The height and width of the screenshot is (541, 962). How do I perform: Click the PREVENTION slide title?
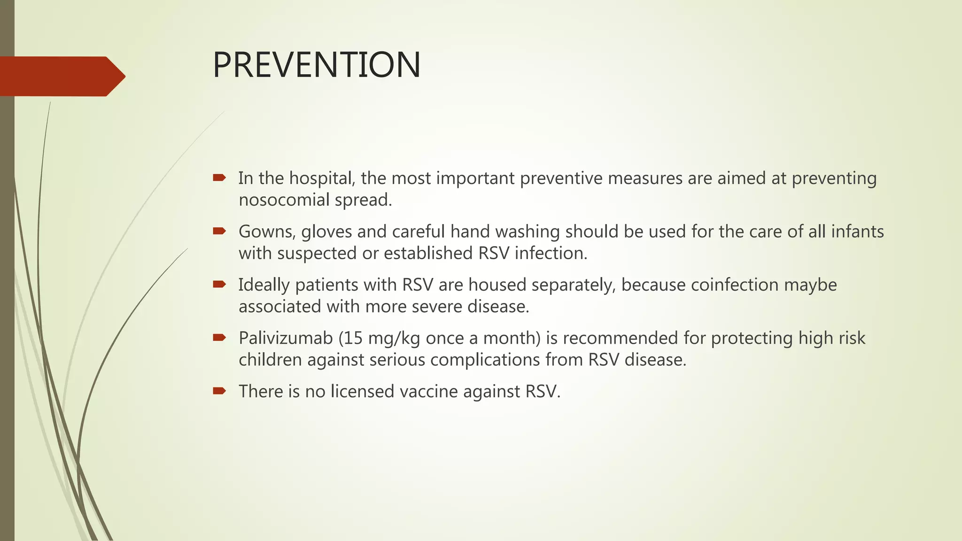(x=317, y=65)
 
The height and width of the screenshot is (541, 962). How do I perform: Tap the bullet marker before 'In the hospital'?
(x=219, y=178)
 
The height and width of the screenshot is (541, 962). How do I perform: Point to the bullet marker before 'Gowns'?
(x=219, y=231)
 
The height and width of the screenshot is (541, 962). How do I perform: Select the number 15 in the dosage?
(x=353, y=338)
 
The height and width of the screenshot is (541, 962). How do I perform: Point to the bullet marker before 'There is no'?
(x=219, y=390)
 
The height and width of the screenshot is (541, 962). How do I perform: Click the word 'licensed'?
(x=363, y=391)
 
